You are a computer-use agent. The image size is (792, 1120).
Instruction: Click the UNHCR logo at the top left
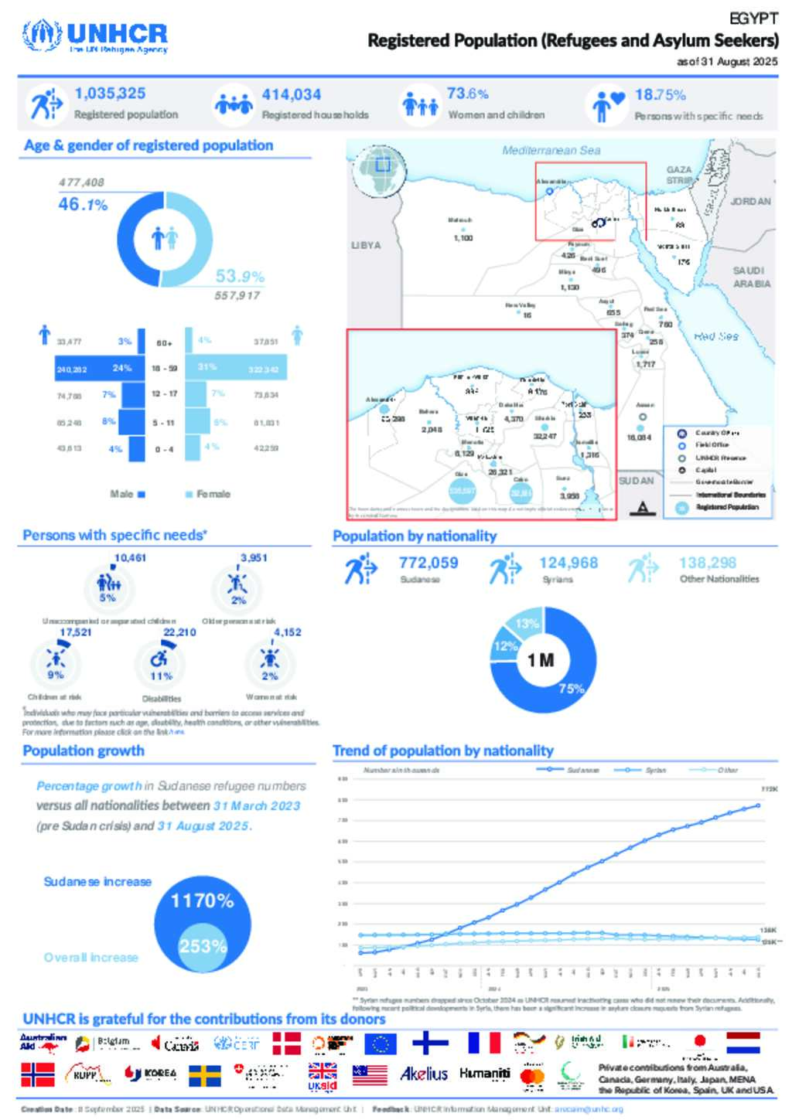tap(95, 36)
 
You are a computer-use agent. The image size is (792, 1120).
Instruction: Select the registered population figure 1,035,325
tap(110, 94)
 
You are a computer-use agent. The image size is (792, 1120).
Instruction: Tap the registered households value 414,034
tap(291, 94)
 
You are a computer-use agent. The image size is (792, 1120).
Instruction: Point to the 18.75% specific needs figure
tap(660, 95)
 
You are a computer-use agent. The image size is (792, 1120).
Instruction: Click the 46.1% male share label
tap(83, 205)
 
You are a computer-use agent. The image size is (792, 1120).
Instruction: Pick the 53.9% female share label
tap(240, 276)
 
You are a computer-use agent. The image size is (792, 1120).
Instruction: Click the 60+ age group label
tap(164, 343)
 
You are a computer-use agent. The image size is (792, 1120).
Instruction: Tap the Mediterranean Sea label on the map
tap(551, 151)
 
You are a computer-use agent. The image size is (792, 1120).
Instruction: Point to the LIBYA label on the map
tap(366, 245)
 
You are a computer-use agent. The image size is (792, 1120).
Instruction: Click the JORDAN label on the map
tap(750, 201)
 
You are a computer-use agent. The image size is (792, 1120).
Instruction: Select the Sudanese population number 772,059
tap(428, 563)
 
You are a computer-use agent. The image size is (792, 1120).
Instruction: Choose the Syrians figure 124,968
tap(568, 563)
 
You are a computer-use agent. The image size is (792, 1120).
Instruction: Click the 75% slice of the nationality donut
tap(571, 688)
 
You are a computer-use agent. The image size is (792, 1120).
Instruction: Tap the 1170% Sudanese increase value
tap(202, 900)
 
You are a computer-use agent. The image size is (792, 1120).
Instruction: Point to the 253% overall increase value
tap(203, 946)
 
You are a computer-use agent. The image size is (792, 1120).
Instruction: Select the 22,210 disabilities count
tap(179, 632)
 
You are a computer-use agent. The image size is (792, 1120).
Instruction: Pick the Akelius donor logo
tap(424, 1074)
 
